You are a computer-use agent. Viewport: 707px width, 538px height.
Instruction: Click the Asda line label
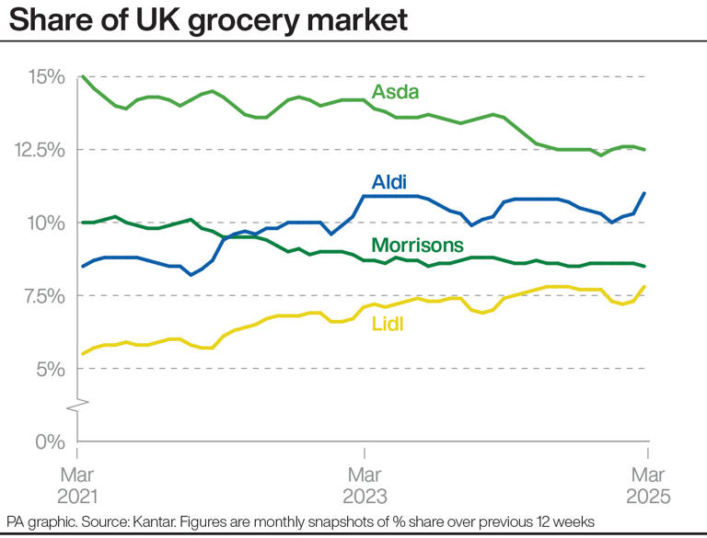point(395,92)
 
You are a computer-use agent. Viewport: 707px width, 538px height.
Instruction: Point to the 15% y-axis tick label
point(44,76)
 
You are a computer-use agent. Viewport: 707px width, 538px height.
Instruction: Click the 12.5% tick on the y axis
point(37,149)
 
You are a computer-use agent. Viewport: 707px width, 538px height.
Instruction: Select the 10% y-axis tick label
point(44,223)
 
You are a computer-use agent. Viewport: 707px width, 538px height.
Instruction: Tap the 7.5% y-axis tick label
point(40,295)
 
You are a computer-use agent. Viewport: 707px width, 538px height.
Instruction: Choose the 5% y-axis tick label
point(49,369)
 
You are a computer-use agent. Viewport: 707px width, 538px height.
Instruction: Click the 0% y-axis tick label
point(49,441)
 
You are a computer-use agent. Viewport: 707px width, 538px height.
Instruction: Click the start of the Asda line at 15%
point(83,76)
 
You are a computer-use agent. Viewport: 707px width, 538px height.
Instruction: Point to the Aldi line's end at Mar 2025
point(644,193)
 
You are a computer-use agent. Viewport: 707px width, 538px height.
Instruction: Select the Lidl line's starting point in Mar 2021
point(83,354)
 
